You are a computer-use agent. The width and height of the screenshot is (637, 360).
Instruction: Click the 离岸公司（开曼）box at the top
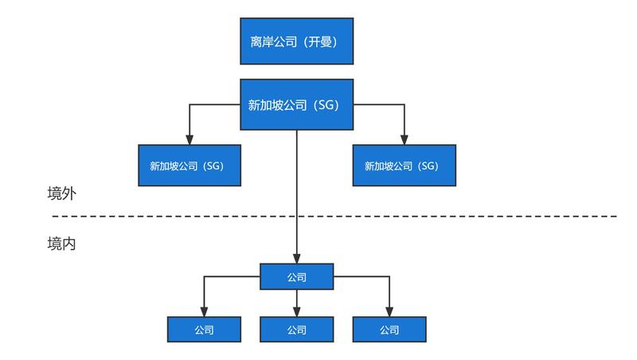point(296,41)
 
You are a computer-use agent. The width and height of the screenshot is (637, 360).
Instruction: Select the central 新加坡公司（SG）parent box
point(296,104)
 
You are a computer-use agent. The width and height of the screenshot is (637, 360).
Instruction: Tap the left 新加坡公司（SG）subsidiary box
point(190,166)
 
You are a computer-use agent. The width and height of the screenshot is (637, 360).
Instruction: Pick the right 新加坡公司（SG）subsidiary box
point(404,166)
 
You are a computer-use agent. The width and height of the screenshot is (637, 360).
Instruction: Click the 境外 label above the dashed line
point(61,194)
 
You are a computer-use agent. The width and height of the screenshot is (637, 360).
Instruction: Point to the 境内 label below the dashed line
point(61,244)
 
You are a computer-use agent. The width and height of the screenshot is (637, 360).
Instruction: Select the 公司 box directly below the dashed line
point(296,277)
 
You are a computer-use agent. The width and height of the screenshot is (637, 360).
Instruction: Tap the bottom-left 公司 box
point(204,329)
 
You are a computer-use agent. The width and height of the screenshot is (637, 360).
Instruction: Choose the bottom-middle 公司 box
point(296,329)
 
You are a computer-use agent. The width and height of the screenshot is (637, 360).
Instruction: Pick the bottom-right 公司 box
point(389,329)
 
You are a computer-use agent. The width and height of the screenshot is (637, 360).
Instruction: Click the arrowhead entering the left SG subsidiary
point(190,139)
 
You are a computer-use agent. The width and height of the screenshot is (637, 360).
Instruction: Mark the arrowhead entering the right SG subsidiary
point(404,139)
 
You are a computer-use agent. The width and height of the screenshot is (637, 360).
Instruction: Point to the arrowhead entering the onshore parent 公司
point(296,259)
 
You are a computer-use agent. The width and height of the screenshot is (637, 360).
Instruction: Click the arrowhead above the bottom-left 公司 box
point(204,311)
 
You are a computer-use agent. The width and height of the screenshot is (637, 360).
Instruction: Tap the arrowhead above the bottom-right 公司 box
point(389,311)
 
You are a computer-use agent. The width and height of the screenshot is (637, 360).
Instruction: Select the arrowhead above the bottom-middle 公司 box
point(296,311)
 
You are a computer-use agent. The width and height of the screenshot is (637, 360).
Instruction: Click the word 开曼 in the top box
point(322,41)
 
